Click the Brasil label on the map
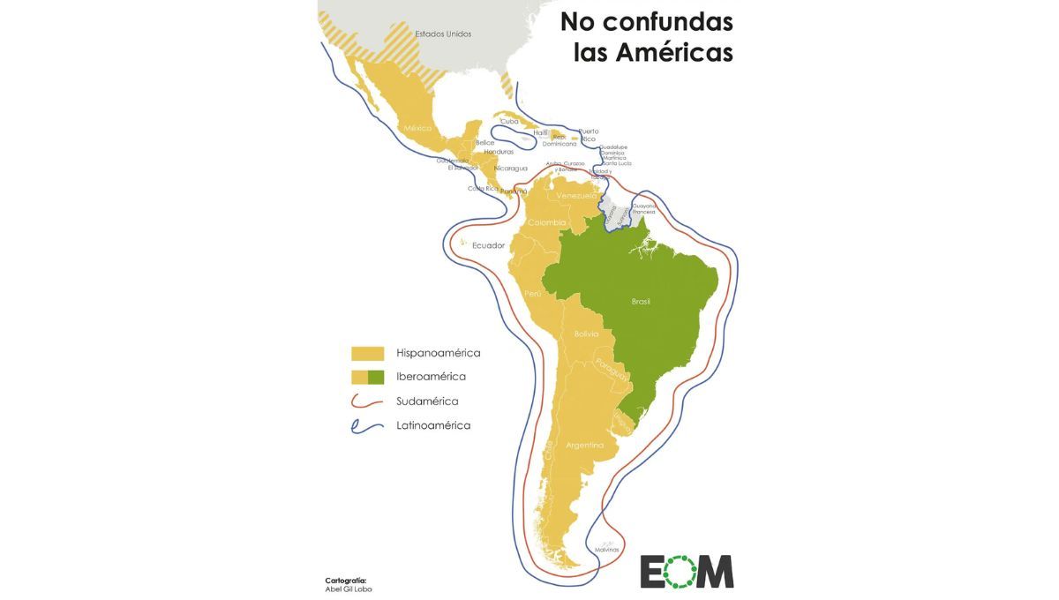click(x=641, y=302)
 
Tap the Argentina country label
click(x=585, y=446)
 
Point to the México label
click(x=418, y=128)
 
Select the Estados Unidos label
click(x=443, y=34)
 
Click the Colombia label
click(x=547, y=222)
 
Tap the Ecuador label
click(x=488, y=245)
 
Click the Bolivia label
click(x=586, y=334)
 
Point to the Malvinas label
click(x=606, y=550)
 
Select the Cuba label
click(x=509, y=122)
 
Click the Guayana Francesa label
click(x=643, y=208)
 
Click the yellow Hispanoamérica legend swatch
click(x=367, y=353)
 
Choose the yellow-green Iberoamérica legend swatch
click(x=367, y=377)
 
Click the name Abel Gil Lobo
click(x=349, y=589)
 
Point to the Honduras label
click(x=499, y=152)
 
